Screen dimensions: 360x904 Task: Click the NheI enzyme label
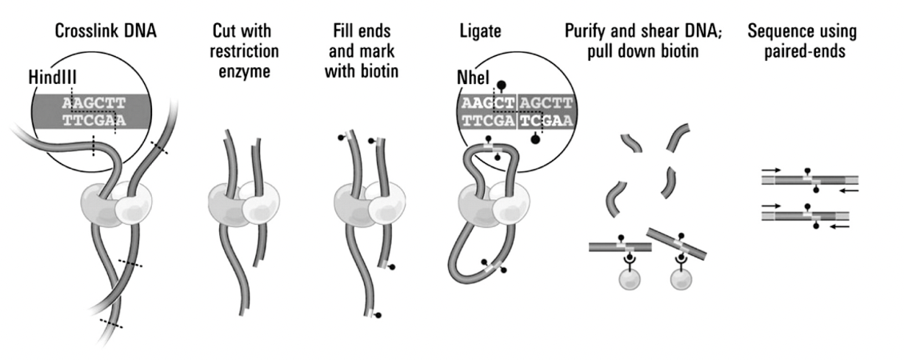pos(469,78)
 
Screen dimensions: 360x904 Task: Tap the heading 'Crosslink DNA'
pos(95,33)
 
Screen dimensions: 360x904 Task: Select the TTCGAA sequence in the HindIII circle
pos(94,121)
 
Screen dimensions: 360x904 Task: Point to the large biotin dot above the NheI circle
pos(502,84)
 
